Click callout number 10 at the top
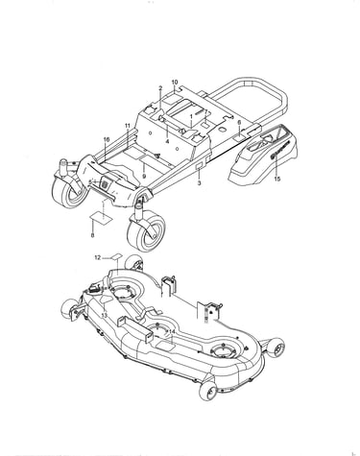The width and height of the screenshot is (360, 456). pos(175,83)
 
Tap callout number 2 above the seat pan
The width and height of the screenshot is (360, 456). pos(160,88)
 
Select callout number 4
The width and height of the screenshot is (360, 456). pos(167,141)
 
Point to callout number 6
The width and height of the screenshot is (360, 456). pos(239,123)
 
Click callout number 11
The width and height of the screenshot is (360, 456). pos(128,126)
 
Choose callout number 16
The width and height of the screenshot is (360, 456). pos(107,139)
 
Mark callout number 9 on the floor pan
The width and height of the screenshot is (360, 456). pos(144,176)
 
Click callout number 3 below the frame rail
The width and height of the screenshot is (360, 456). pos(199,183)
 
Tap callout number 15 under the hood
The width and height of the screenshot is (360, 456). pos(277,179)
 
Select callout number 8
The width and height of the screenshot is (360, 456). pos(92,235)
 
